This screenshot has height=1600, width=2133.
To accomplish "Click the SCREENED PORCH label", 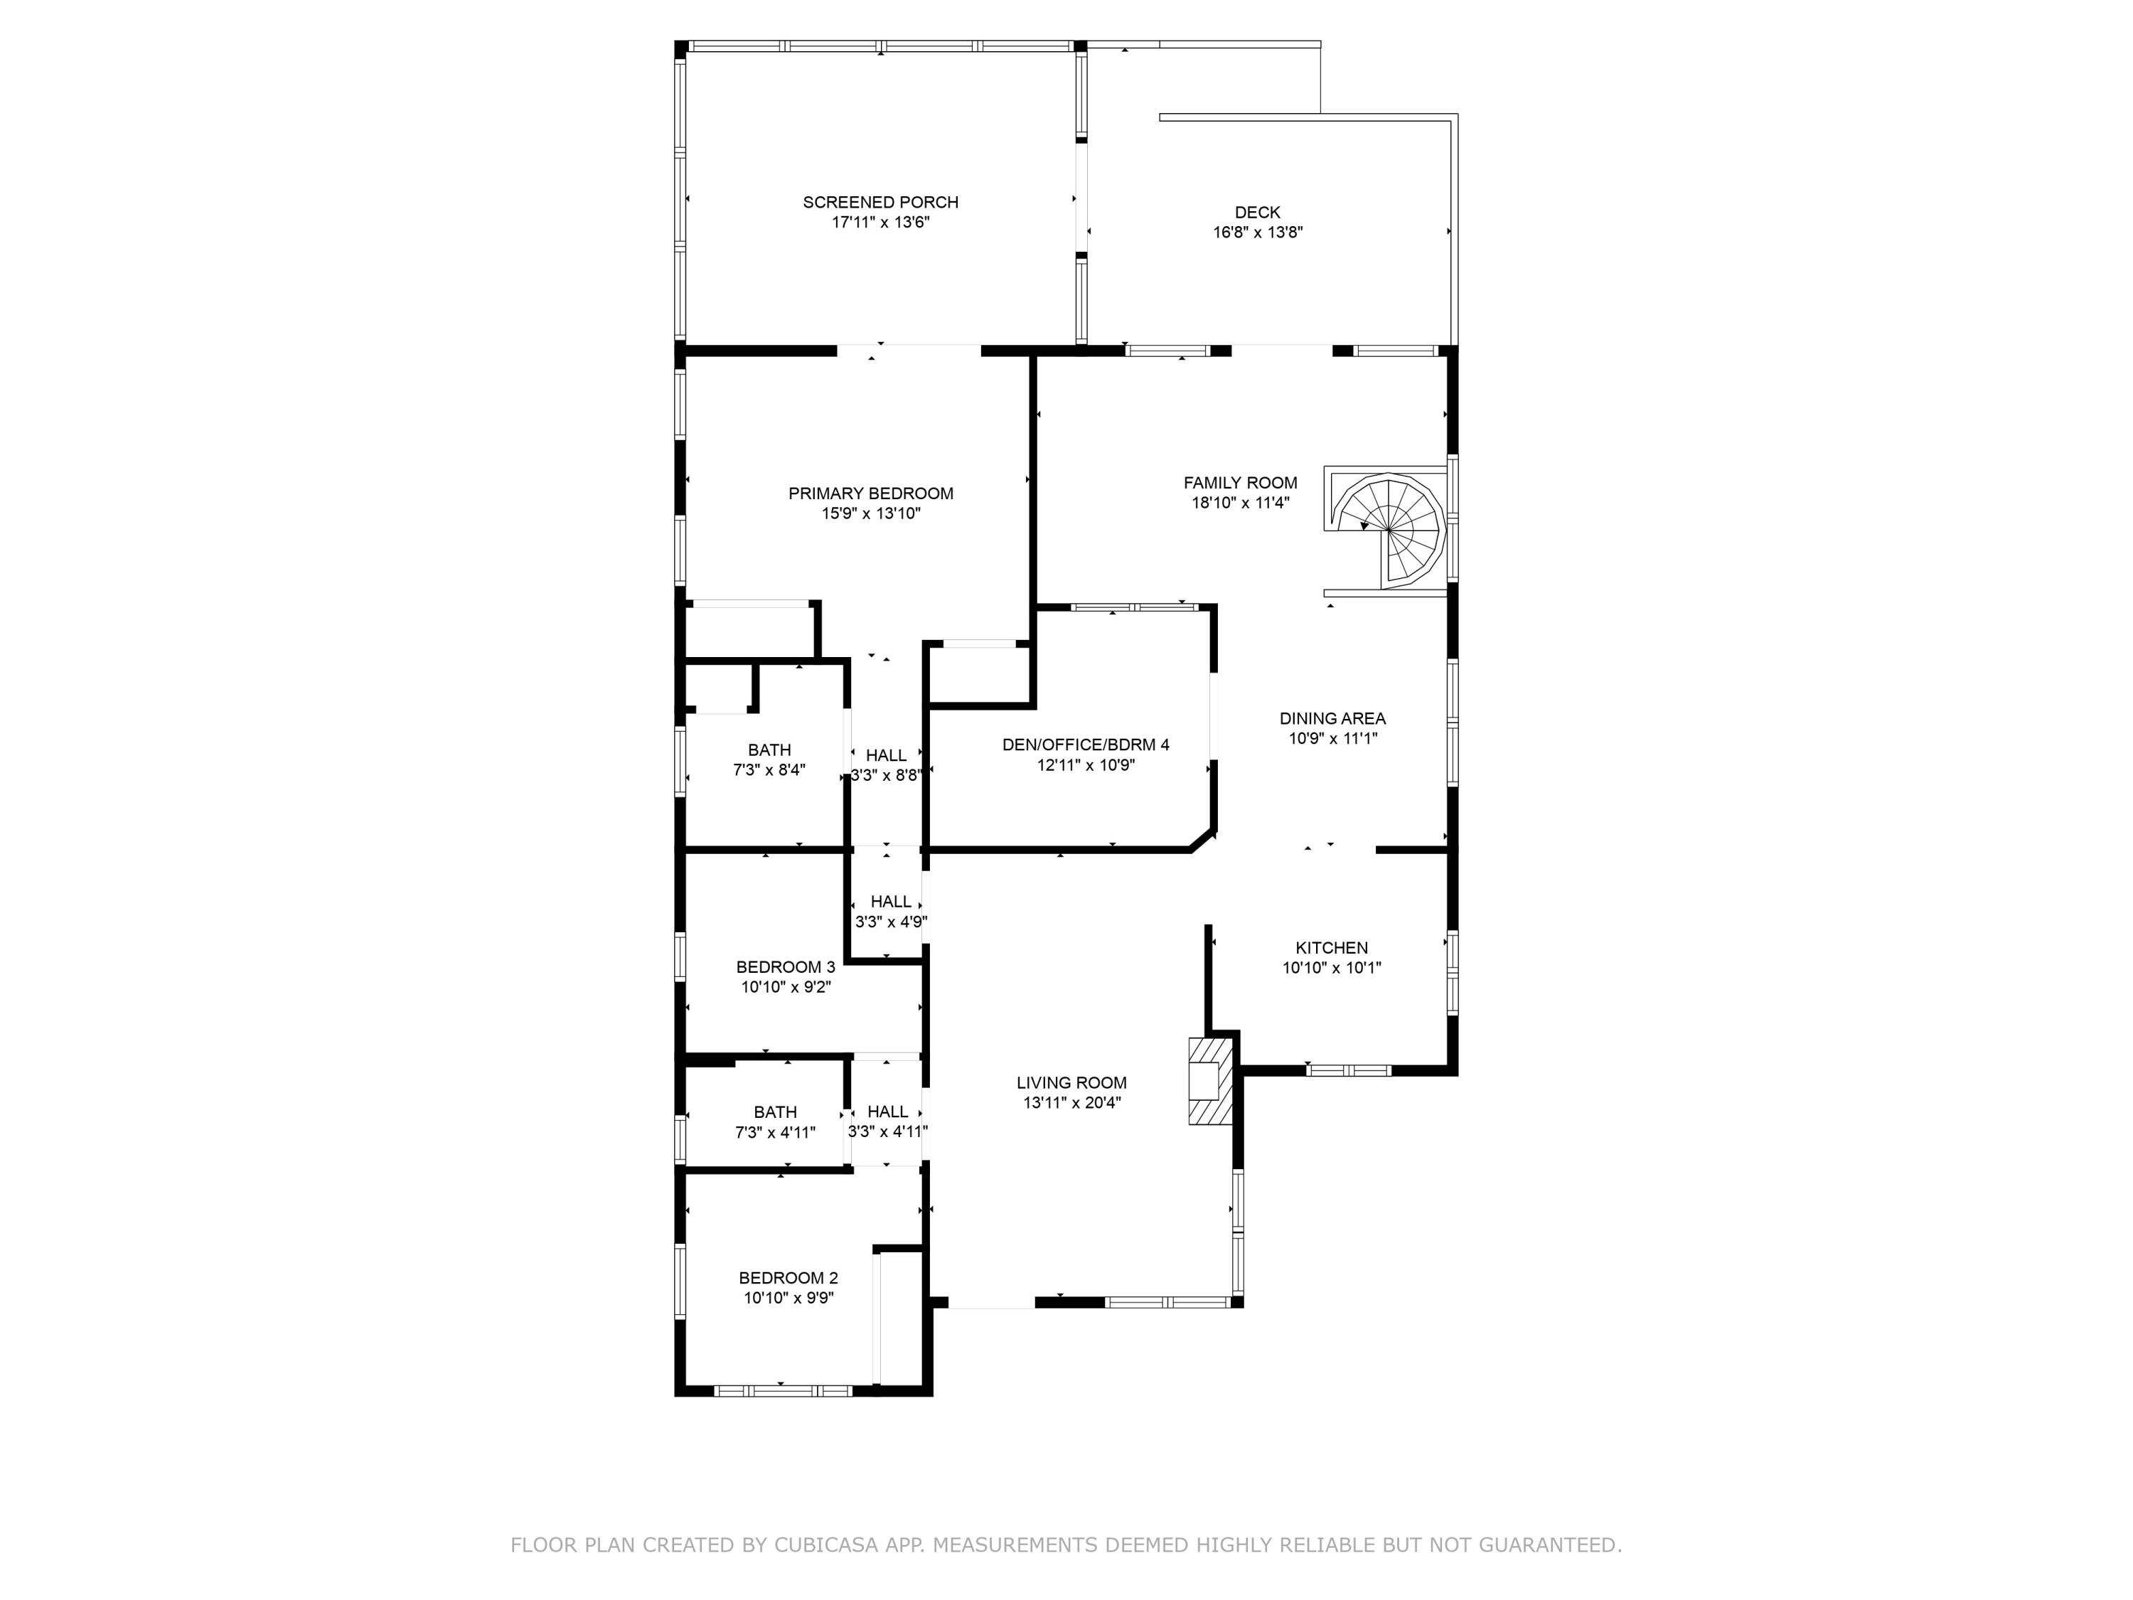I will click(x=880, y=203).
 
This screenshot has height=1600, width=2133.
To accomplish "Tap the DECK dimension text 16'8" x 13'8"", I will click(x=1258, y=233).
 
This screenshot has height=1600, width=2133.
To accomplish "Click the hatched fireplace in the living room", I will click(x=1210, y=1080).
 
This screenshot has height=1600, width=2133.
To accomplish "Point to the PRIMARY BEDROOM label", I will click(x=871, y=494).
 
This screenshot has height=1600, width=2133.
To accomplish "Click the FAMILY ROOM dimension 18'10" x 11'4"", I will click(x=1240, y=503).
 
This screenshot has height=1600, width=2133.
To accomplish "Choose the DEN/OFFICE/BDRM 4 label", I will click(x=1086, y=745).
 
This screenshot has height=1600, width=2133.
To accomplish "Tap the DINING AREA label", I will click(x=1332, y=718).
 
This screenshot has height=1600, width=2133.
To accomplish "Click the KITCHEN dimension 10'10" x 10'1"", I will click(x=1332, y=969).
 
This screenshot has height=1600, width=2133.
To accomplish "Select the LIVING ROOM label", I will click(x=1071, y=1083).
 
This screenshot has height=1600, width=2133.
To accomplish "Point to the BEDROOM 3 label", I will click(x=786, y=967).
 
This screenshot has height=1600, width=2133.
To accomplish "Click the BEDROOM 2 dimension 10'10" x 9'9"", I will click(x=788, y=1298).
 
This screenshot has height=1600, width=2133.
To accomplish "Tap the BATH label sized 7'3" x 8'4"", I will click(x=769, y=750).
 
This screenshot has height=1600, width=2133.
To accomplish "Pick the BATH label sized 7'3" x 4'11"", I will click(x=775, y=1112).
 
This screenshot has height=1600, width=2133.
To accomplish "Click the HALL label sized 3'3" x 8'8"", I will click(x=886, y=755).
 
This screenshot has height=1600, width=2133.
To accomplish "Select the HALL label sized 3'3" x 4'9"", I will click(x=891, y=902).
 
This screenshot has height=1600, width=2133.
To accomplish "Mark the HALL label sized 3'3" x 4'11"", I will click(x=888, y=1112).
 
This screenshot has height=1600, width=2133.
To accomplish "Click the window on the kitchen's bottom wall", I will click(x=1349, y=1070).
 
